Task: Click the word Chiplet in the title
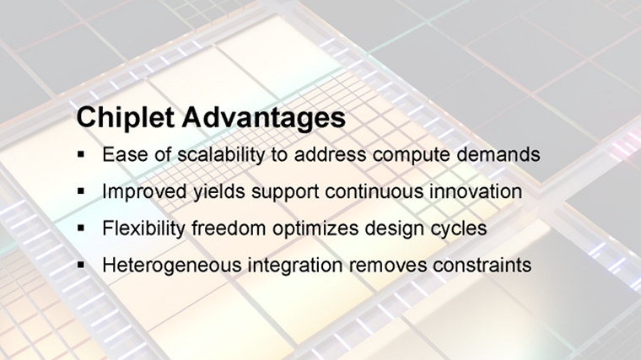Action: (x=126, y=117)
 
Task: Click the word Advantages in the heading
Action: (x=264, y=118)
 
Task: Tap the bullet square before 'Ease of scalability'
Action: (x=80, y=154)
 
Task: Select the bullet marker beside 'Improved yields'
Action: (x=80, y=191)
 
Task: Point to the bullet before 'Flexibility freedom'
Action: (x=80, y=228)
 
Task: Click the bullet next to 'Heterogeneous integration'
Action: (x=80, y=265)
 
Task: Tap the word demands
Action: (x=498, y=154)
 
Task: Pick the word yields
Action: (x=219, y=191)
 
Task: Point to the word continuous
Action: (x=374, y=191)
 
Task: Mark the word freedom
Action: (x=228, y=228)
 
